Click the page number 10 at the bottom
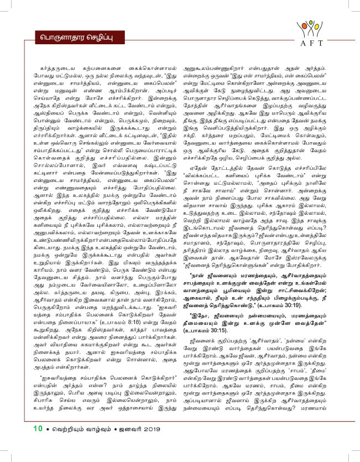(x=38, y=443)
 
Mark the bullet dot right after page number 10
(x=48, y=444)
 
